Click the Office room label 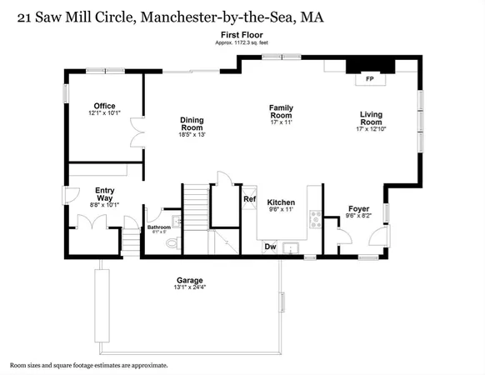[104, 106]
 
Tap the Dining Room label [192, 124]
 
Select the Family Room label [278, 107]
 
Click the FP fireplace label [368, 79]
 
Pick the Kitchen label [281, 202]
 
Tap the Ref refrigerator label [248, 199]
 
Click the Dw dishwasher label [270, 246]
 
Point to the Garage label [189, 280]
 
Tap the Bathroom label [158, 227]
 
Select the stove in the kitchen [316, 219]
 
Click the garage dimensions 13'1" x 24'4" [189, 287]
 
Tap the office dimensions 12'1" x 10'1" [104, 113]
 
